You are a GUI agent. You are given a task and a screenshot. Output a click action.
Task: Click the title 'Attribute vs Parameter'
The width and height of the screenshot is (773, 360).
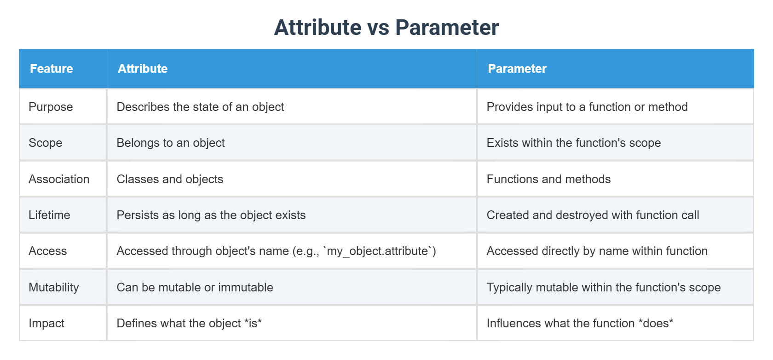click(x=386, y=28)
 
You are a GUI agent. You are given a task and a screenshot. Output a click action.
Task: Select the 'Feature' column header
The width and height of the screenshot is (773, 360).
click(x=52, y=69)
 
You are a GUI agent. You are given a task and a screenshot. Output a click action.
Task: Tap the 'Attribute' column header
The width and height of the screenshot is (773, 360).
click(x=143, y=69)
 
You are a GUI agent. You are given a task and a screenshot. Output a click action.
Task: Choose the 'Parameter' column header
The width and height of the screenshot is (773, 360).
click(x=517, y=69)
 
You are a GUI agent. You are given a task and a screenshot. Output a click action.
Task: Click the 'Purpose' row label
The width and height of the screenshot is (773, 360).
click(x=51, y=107)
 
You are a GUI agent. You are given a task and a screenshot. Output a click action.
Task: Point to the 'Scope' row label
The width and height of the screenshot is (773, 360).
click(x=45, y=143)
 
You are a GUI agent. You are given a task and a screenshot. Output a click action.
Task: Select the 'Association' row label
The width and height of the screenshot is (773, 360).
click(x=59, y=179)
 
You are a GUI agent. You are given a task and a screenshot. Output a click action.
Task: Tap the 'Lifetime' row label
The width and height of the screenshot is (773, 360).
click(x=49, y=215)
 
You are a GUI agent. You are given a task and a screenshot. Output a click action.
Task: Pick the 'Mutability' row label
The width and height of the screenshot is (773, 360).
click(x=54, y=287)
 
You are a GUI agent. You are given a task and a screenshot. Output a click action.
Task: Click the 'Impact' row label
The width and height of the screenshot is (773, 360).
click(x=46, y=323)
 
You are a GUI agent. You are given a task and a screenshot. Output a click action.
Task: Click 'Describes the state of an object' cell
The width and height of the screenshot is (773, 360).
click(x=200, y=107)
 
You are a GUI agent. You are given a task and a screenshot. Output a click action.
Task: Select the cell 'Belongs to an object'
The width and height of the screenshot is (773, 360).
click(x=171, y=143)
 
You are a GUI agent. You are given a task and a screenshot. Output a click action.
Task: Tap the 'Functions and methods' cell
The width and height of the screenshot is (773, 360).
click(x=548, y=179)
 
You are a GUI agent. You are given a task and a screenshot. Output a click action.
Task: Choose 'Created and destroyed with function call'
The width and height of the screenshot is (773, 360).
click(x=593, y=215)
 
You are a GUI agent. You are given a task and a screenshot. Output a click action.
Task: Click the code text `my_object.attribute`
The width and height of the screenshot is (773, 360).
click(x=377, y=251)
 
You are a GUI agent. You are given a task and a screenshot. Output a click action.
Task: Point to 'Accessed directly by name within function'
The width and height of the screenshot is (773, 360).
click(x=597, y=251)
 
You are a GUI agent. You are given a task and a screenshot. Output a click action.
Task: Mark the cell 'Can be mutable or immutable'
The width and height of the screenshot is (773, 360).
click(x=195, y=287)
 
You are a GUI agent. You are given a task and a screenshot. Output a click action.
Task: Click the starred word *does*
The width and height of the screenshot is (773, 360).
click(x=656, y=323)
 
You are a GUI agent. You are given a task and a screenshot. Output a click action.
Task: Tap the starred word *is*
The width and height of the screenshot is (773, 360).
click(x=253, y=323)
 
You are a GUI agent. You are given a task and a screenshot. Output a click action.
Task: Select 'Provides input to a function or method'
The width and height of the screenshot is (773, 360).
click(x=587, y=107)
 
